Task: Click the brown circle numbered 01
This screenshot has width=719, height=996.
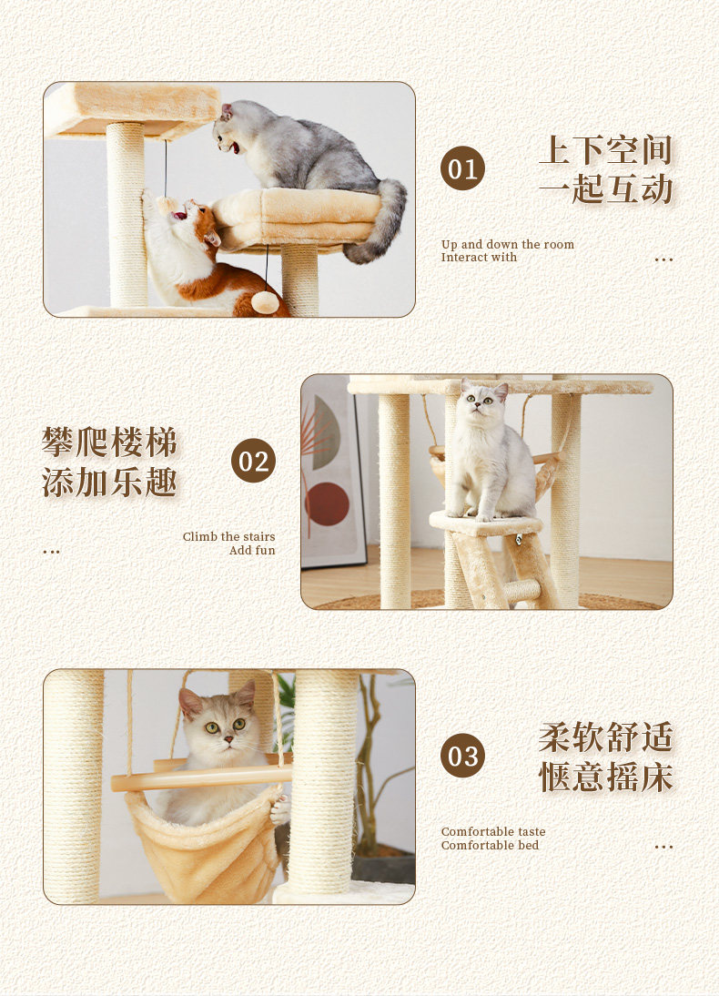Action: [x=462, y=168]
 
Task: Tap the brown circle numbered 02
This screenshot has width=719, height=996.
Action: [x=253, y=461]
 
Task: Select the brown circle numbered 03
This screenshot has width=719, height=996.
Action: [x=462, y=756]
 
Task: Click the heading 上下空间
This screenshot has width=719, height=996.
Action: [x=605, y=150]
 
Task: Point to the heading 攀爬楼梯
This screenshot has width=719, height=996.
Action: [x=109, y=442]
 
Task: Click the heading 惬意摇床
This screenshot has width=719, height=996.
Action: [x=606, y=777]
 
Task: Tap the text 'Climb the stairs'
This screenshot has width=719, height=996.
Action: [x=228, y=537]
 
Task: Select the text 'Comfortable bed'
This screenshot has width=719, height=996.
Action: [x=490, y=846]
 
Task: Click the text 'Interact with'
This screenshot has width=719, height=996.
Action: [x=479, y=258]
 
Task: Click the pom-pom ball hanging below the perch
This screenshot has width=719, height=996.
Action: [x=265, y=302]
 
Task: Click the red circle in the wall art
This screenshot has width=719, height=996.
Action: [x=327, y=504]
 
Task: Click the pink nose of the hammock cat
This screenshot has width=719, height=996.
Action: [x=228, y=739]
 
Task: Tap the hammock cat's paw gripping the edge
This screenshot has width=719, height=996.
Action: [x=279, y=810]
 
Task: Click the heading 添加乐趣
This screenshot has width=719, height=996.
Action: [x=109, y=483]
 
